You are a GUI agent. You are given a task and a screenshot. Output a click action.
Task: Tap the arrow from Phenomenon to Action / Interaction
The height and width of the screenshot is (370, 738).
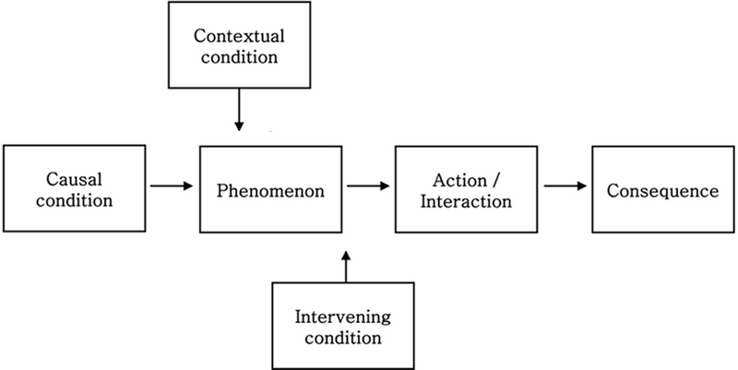[x=369, y=186]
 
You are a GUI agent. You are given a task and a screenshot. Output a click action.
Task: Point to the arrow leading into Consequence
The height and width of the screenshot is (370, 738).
[x=565, y=186]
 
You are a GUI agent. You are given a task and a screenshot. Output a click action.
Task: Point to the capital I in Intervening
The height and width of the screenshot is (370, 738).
[x=297, y=318]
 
